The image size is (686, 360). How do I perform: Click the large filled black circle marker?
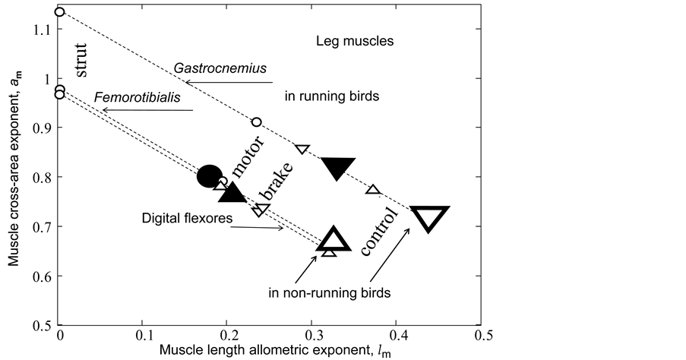click(210, 176)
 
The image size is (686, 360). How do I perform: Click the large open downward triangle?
click(428, 217)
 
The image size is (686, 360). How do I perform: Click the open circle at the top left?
click(60, 12)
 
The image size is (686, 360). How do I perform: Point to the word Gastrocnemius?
click(209, 68)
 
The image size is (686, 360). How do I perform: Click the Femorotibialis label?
click(126, 97)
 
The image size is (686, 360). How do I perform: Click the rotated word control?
click(378, 232)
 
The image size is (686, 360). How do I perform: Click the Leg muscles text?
click(355, 41)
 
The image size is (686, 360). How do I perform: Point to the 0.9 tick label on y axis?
click(41, 128)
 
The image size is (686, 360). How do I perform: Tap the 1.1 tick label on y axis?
click(41, 30)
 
